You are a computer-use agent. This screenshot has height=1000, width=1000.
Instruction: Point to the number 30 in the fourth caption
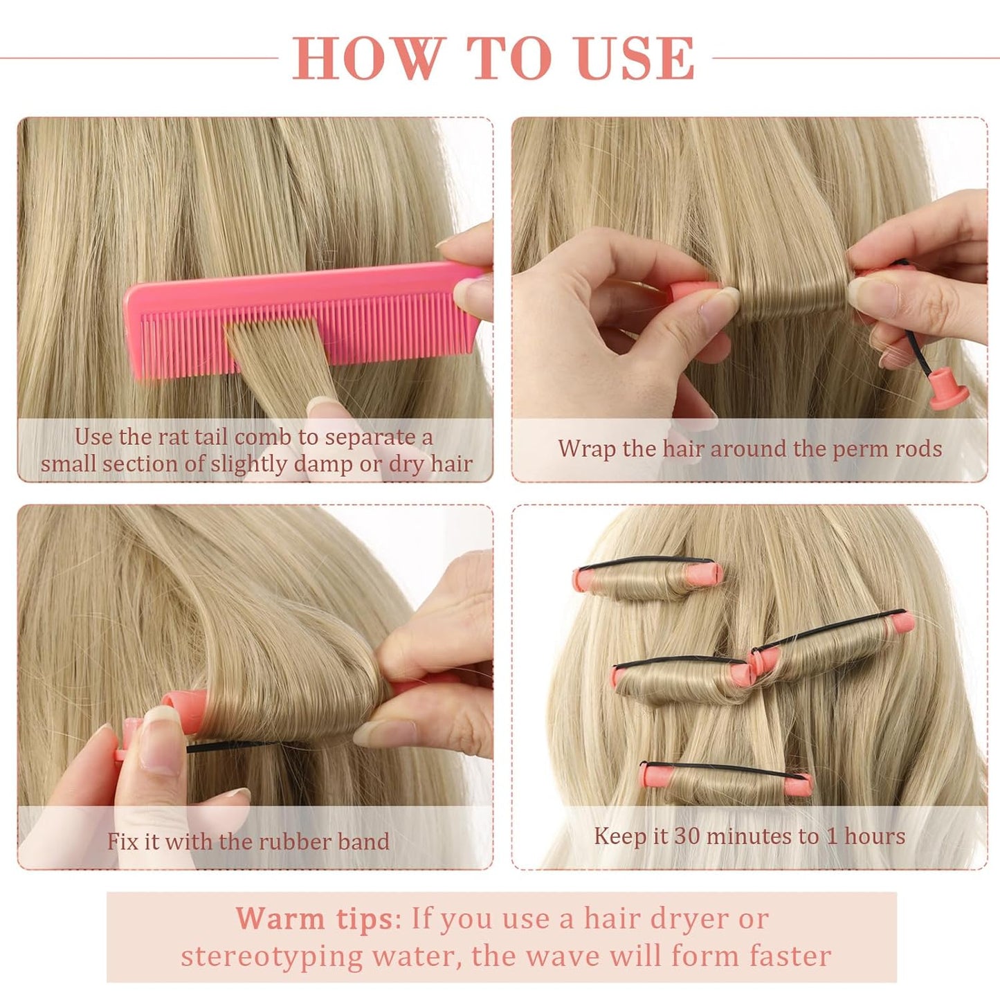pyautogui.click(x=687, y=836)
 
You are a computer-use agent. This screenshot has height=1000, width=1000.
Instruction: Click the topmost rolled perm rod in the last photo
pyautogui.click(x=647, y=578)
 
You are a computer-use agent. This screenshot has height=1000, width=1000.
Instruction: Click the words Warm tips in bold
pyautogui.click(x=315, y=919)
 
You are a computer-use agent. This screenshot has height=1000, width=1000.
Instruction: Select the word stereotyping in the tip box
pyautogui.click(x=272, y=956)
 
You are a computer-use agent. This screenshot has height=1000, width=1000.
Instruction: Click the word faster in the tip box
pyautogui.click(x=790, y=956)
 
